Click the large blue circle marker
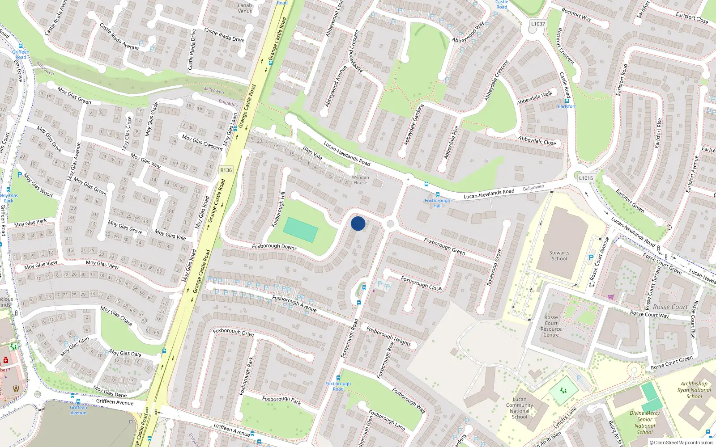point(358,223)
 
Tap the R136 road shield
point(226,170)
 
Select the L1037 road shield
point(538,24)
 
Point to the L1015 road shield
point(586,178)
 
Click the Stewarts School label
point(559,256)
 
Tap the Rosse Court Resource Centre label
point(551,326)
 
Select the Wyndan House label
point(360,180)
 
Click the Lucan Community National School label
point(520,408)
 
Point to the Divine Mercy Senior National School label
point(645,422)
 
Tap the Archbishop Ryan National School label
point(694,390)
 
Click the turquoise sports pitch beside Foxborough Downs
point(300,229)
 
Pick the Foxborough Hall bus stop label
point(438,203)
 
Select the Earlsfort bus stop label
point(567,106)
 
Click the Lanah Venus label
point(245,8)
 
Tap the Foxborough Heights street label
point(388,336)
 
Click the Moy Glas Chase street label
point(116,315)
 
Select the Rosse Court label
point(670,307)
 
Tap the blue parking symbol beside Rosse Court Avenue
point(591,257)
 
